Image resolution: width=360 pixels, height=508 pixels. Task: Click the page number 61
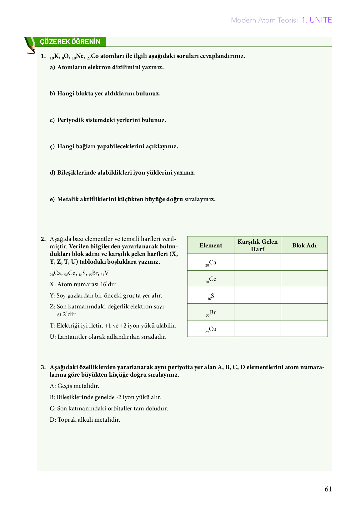pos(328,489)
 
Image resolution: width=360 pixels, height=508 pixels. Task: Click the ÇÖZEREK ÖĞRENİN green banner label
pos(70,42)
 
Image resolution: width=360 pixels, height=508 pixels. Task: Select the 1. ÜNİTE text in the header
pos(317,20)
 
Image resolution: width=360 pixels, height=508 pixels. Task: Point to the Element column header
pos(211,245)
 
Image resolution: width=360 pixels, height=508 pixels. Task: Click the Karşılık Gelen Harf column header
pos(257,245)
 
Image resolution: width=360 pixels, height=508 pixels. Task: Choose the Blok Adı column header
pos(304,245)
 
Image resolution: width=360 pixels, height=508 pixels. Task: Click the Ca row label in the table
pos(211,263)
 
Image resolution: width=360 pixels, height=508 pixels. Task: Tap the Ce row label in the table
pos(211,279)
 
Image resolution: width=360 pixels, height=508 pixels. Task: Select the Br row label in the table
pos(211,313)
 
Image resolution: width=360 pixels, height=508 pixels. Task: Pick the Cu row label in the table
pos(211,329)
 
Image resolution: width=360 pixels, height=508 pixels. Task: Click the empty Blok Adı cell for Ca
pos(304,262)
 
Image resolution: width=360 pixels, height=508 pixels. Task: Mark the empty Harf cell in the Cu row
pos(257,329)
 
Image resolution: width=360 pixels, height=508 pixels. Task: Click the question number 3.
pos(43,367)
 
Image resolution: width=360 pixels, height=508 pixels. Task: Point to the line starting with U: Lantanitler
pos(108,337)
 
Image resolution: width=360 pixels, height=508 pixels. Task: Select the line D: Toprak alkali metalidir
pos(85,420)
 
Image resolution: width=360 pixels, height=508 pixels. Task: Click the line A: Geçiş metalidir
pos(74,386)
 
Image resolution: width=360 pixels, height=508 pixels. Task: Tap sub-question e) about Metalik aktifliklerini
pos(133,199)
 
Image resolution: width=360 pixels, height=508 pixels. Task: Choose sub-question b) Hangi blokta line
pos(105,94)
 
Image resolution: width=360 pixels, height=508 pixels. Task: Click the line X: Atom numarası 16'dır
pos(83,284)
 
